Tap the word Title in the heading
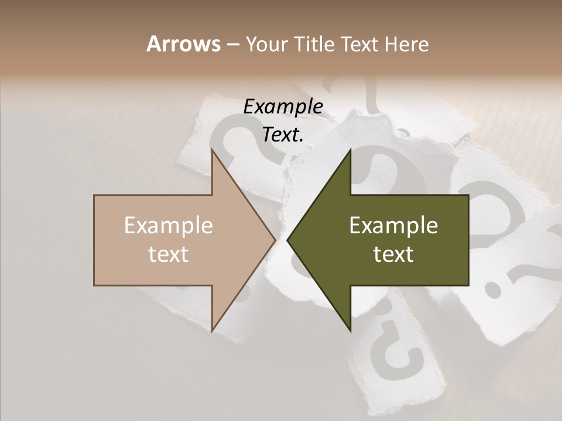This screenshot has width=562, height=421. pyautogui.click(x=314, y=44)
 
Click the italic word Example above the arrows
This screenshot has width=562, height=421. pyautogui.click(x=283, y=107)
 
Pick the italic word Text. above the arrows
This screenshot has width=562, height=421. pyautogui.click(x=283, y=135)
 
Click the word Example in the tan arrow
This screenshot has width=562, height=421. pyautogui.click(x=169, y=226)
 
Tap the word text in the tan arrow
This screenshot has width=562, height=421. pyautogui.click(x=169, y=254)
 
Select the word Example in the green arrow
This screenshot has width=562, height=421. pyautogui.click(x=393, y=226)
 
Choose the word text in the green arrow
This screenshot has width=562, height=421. pyautogui.click(x=393, y=254)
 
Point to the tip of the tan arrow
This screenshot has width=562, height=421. pyautogui.click(x=275, y=240)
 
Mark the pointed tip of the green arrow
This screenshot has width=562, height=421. pyautogui.click(x=287, y=240)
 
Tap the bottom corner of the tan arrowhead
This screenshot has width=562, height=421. pyautogui.click(x=212, y=331)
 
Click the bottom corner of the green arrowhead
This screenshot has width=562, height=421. pyautogui.click(x=351, y=331)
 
